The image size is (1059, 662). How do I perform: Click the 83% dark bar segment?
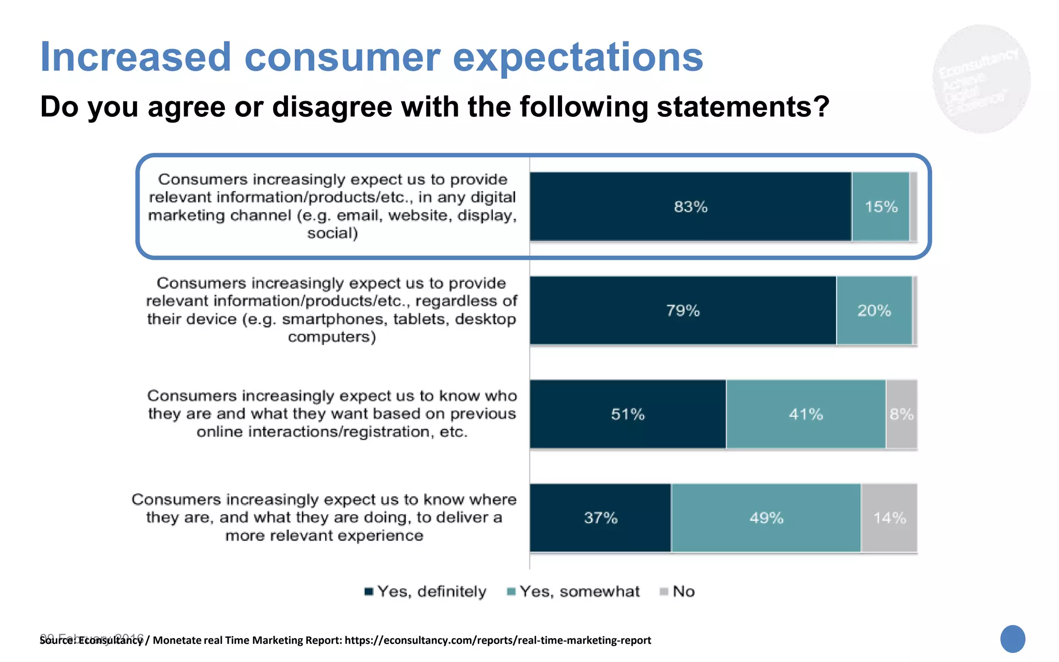point(690,206)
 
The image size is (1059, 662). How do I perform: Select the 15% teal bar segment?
point(881,206)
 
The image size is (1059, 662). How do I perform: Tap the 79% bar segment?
point(683,310)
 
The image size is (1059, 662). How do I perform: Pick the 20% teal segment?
point(874,310)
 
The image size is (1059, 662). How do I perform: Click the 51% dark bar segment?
point(628,414)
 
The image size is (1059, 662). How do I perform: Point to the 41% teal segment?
point(806,414)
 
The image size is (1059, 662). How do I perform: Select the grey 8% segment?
point(901,414)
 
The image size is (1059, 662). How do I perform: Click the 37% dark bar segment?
point(600,518)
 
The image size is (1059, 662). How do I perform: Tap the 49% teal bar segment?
point(766,518)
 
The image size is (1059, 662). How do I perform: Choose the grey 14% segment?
point(889,518)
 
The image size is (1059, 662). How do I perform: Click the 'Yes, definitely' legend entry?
point(425,591)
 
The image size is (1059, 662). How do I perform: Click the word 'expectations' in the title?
point(578,57)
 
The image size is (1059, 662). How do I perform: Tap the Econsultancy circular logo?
point(981,79)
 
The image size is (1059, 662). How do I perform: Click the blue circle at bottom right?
point(1012,639)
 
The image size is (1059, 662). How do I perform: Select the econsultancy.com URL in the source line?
point(497,640)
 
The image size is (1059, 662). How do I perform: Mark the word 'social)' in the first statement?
point(332,233)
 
